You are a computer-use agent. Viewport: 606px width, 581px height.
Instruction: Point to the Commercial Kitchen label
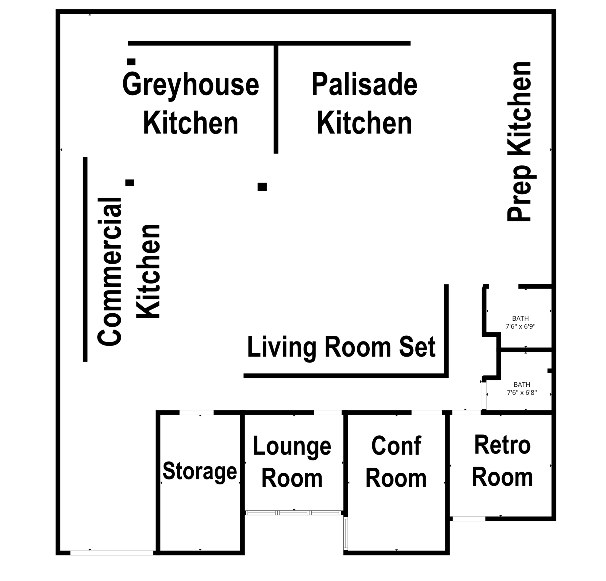[129, 271]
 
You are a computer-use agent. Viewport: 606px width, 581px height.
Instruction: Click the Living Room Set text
[341, 348]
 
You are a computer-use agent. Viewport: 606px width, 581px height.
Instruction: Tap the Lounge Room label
[292, 462]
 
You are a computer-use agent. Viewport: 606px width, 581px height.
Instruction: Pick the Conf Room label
[396, 462]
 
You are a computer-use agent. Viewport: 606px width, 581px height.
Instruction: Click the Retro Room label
[502, 461]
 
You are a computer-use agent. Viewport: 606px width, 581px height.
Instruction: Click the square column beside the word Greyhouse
[131, 62]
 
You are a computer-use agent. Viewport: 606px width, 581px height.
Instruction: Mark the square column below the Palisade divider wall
[262, 187]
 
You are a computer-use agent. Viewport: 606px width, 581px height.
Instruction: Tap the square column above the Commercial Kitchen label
[130, 183]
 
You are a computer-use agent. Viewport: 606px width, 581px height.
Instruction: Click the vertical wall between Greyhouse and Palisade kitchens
[276, 98]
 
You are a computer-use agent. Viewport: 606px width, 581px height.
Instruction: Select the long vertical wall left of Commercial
[85, 259]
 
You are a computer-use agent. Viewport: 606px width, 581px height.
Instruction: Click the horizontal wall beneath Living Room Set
[346, 376]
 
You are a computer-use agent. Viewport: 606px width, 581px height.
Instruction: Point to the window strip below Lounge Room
[293, 513]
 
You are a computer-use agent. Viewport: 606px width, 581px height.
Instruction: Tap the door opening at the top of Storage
[196, 412]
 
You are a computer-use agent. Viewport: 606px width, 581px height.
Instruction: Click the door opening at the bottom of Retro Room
[469, 519]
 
